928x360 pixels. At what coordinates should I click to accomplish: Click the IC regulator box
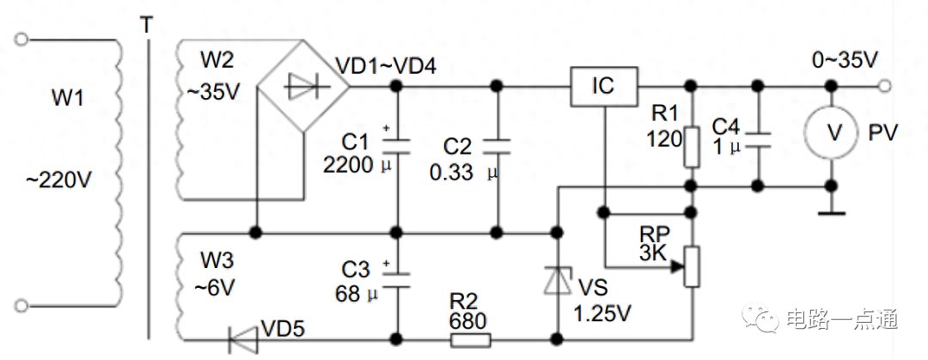point(604,87)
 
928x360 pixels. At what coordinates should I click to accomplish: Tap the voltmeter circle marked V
point(832,133)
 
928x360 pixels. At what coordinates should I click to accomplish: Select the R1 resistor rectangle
point(691,146)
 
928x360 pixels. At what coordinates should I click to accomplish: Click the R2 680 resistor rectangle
point(471,340)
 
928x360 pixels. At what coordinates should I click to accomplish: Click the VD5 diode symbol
point(243,340)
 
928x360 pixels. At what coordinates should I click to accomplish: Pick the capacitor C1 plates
point(396,146)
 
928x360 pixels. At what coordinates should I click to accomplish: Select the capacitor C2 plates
point(498,146)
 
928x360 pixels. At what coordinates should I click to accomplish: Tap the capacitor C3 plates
point(396,279)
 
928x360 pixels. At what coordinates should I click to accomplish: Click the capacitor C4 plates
point(756,140)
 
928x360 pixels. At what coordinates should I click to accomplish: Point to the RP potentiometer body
point(691,266)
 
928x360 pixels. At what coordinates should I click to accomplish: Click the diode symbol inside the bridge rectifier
point(306,88)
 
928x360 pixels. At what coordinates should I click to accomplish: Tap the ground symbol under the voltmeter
point(832,212)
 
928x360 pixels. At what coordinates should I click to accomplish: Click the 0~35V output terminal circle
point(885,87)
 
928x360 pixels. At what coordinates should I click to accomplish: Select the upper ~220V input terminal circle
point(21,40)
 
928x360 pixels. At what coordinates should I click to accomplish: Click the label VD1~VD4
point(385,66)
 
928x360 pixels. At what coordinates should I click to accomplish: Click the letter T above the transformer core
point(145,25)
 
